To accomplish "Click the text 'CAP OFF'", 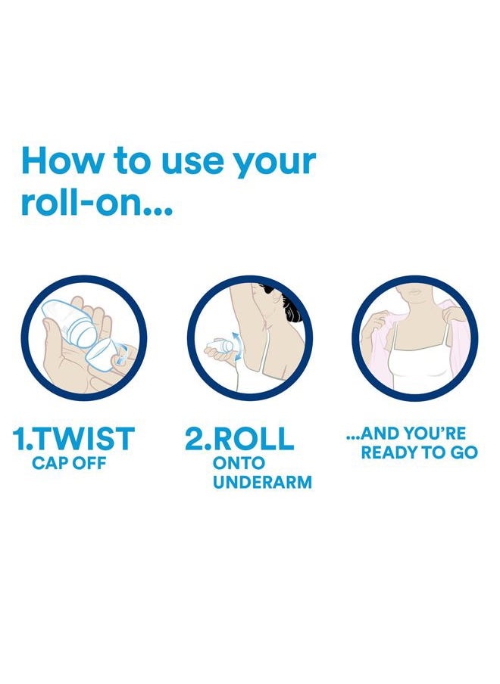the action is [x=69, y=463].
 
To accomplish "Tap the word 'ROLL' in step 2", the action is [x=254, y=438].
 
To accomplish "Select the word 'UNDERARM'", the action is [x=262, y=483].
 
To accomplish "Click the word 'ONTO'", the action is [x=239, y=463].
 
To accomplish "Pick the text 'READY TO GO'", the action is [x=419, y=452].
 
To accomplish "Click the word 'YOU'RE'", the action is [x=435, y=434].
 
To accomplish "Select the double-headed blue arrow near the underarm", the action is [x=237, y=346].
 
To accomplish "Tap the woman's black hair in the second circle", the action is [x=289, y=306].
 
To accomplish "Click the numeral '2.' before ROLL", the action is [x=198, y=438].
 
